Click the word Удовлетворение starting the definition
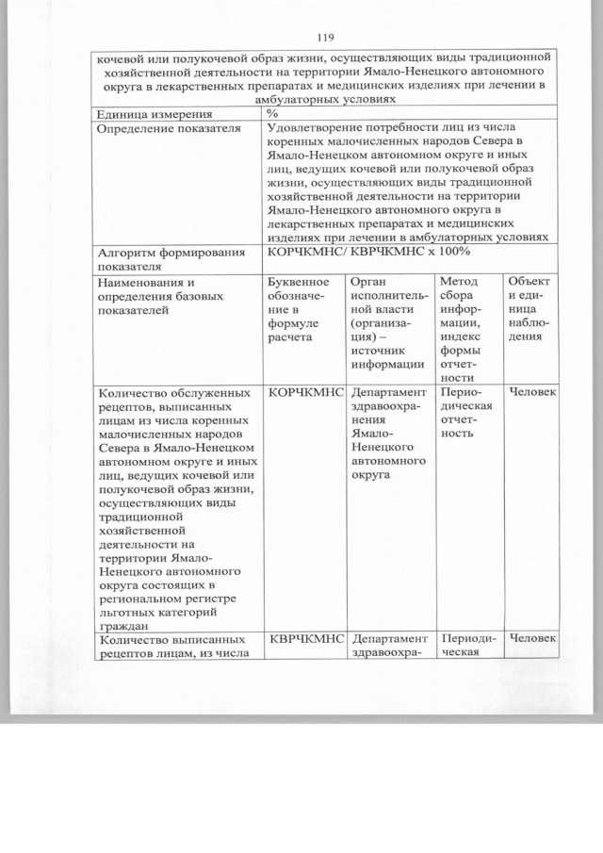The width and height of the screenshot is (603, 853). point(319,128)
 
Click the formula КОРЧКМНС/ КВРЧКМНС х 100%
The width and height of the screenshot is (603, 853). point(368,252)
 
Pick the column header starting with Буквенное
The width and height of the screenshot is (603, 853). point(300,282)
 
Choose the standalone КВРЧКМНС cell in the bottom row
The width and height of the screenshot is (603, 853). point(304,639)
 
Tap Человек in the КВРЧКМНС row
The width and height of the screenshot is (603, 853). point(532,639)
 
